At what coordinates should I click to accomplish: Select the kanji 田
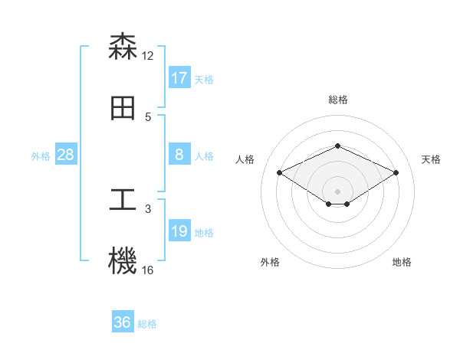(123, 109)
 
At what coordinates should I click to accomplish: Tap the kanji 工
(123, 200)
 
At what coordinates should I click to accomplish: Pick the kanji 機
(123, 261)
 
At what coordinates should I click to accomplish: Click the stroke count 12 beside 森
(148, 55)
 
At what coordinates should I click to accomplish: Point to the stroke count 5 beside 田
(148, 117)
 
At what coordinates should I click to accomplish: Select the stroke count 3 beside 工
(148, 208)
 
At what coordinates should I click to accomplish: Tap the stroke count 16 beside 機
(148, 270)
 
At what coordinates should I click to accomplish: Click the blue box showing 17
(179, 78)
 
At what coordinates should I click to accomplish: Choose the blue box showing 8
(179, 155)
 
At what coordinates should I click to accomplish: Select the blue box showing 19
(179, 231)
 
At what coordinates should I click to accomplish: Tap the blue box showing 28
(66, 155)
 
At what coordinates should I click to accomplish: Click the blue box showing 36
(123, 322)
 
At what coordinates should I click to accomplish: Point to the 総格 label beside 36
(147, 324)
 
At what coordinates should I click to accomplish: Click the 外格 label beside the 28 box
(41, 156)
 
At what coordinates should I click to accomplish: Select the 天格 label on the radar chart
(431, 159)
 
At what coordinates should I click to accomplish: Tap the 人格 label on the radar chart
(245, 159)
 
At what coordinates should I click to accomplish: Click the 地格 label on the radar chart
(402, 263)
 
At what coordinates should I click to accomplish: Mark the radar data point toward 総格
(337, 146)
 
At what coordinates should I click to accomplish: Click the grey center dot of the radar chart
(337, 191)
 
